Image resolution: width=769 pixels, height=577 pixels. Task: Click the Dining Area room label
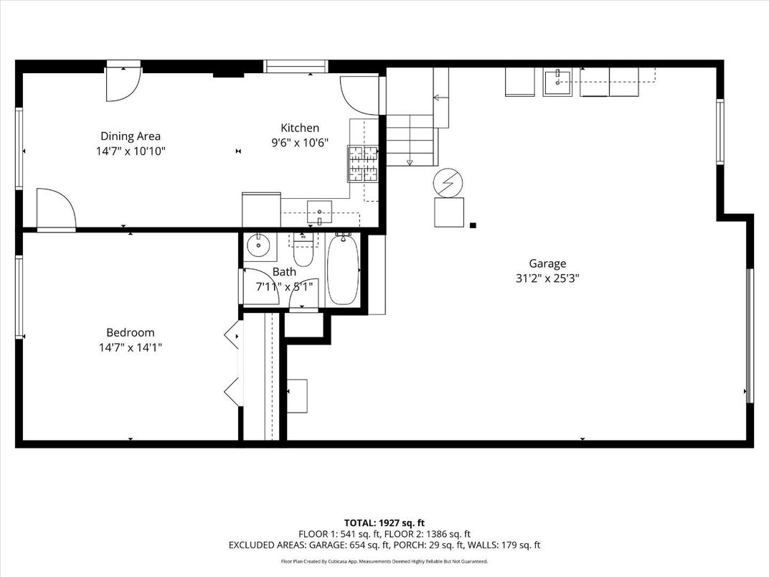[130, 136]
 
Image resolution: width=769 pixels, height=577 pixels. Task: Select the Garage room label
[547, 263]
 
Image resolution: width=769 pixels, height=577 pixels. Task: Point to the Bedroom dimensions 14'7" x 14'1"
[130, 347]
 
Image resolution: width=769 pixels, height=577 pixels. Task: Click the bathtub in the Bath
[343, 271]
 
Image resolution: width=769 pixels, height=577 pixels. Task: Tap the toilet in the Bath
[303, 253]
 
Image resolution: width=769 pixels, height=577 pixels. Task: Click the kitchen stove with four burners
[363, 163]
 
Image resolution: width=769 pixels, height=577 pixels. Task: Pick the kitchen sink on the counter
[319, 213]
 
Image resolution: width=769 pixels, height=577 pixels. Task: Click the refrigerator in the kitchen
[261, 209]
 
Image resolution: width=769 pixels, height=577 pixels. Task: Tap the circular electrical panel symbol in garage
[448, 184]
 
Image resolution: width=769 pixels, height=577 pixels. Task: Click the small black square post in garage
[473, 226]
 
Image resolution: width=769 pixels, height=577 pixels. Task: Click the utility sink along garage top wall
[557, 82]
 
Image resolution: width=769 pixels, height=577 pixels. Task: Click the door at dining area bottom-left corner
[56, 209]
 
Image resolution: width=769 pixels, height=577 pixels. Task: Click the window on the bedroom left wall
[19, 296]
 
